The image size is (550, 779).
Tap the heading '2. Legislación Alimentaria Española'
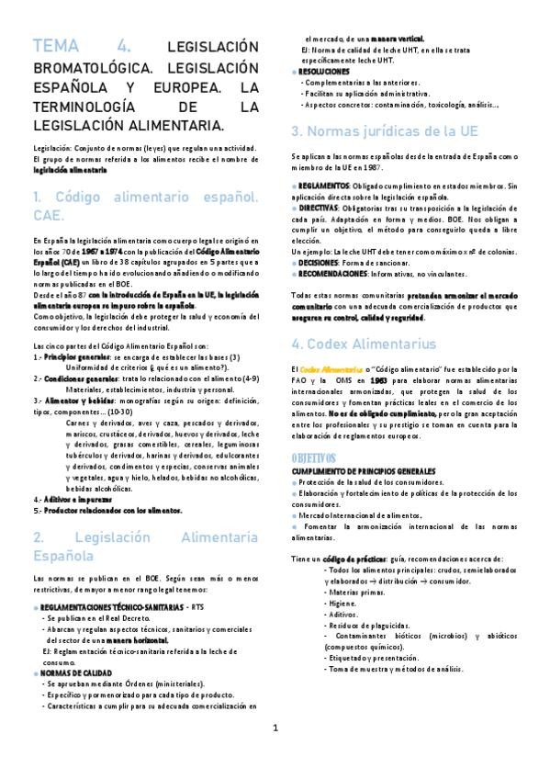[x=145, y=547]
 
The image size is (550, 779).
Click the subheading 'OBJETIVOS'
[x=314, y=457]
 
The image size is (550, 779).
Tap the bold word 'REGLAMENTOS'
[x=323, y=185]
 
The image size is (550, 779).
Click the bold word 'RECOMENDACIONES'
[x=331, y=273]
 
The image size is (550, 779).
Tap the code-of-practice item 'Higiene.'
[x=342, y=629]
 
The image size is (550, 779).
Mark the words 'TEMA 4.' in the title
[x=83, y=46]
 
